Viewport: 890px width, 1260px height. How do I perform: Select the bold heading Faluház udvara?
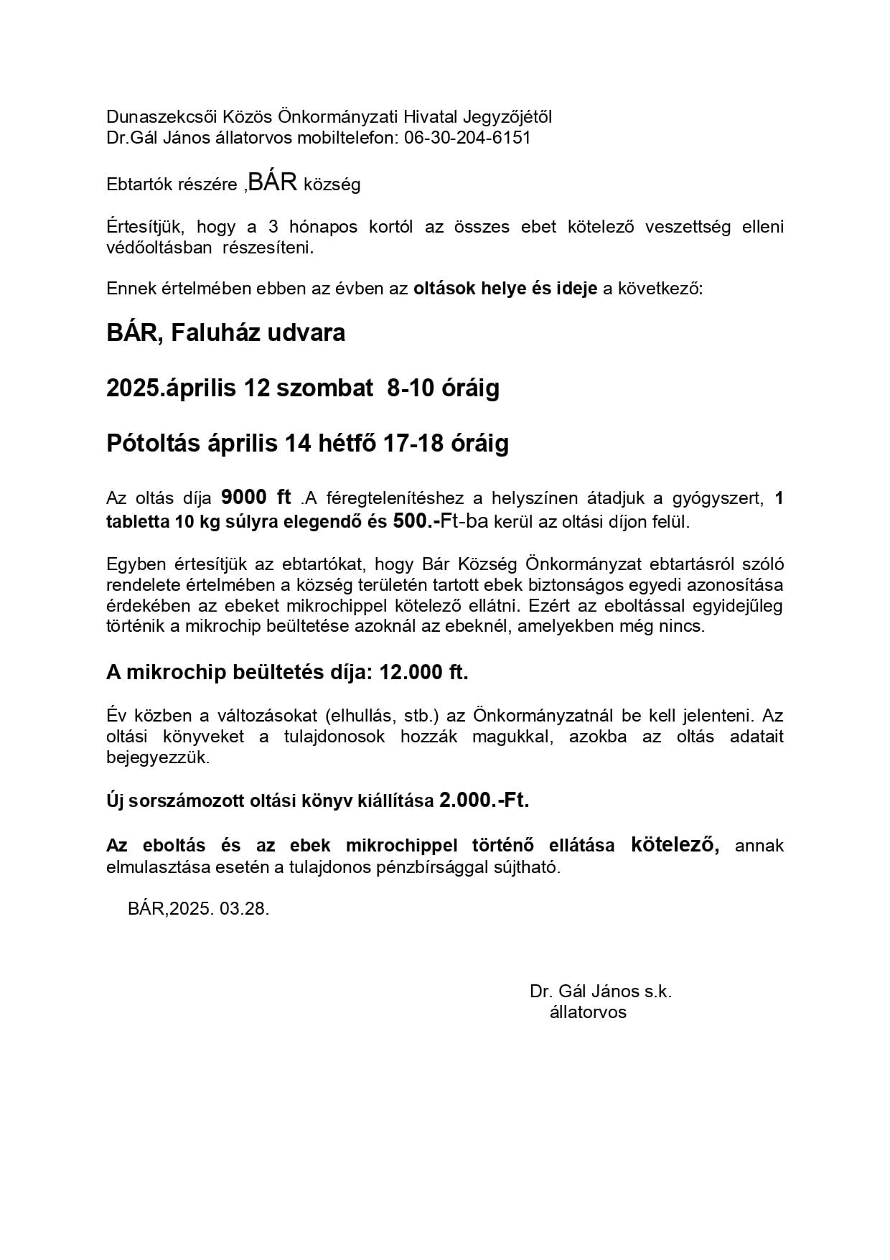[x=258, y=333]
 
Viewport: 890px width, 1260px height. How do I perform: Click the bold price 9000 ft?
[x=256, y=497]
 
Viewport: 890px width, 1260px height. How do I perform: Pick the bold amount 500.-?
[x=416, y=521]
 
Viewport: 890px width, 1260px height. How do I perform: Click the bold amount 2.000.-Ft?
[x=484, y=800]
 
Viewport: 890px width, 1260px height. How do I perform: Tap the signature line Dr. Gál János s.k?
[x=601, y=991]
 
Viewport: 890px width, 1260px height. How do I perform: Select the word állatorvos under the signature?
[x=588, y=1012]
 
